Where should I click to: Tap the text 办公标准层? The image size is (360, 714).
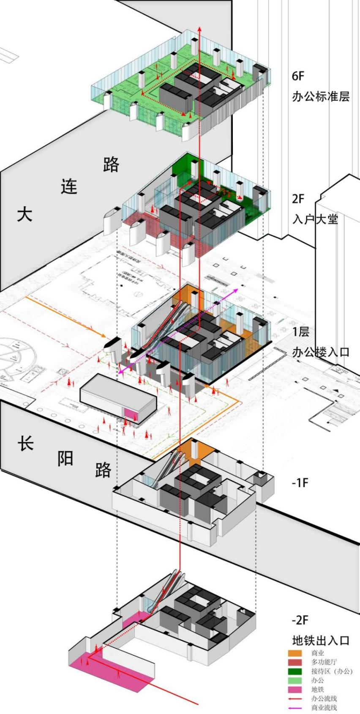click(321, 97)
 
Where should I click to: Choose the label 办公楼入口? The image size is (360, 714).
click(321, 352)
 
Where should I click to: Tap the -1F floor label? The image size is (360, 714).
click(300, 482)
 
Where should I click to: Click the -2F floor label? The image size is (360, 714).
click(300, 620)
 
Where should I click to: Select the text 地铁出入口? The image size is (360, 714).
click(321, 640)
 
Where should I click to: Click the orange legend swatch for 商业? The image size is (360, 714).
click(295, 653)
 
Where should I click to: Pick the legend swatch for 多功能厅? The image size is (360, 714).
click(295, 662)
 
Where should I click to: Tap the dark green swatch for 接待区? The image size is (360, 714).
click(295, 671)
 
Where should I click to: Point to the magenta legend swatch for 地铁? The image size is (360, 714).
click(295, 689)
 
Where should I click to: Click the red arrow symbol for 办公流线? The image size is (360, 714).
click(295, 699)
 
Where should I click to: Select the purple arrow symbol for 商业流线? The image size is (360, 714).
click(295, 708)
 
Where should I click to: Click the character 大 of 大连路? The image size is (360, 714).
click(25, 214)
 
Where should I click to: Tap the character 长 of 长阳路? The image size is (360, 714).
click(25, 443)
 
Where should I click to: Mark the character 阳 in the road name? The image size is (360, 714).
click(65, 458)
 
